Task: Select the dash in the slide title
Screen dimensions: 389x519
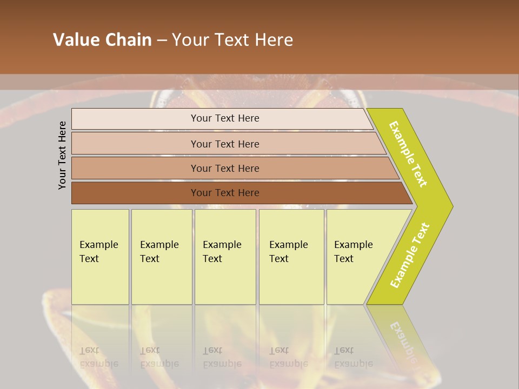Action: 162,41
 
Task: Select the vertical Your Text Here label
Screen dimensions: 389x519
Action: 62,156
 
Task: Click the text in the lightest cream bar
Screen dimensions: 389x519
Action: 225,118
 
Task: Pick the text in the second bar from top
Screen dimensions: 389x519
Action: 225,144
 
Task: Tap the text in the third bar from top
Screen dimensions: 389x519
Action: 225,169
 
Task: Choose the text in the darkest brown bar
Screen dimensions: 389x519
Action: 225,193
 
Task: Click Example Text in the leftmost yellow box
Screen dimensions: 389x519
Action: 98,252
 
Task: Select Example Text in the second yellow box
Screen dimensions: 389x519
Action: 159,252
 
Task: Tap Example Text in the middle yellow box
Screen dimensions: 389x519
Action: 222,252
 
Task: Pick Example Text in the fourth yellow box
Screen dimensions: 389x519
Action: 288,252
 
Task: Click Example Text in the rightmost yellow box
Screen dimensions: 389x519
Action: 353,252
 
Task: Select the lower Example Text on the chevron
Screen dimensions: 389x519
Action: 410,256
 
